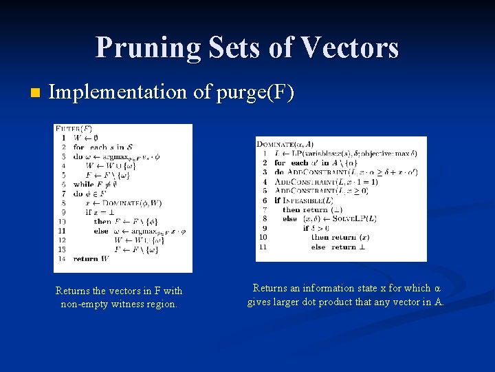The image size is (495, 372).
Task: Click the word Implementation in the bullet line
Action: pyautogui.click(x=118, y=92)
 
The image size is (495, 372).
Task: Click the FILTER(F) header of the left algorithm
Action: pyautogui.click(x=74, y=129)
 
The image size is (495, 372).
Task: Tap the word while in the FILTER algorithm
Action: pyautogui.click(x=83, y=184)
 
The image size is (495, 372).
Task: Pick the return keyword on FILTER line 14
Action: pyautogui.click(x=86, y=258)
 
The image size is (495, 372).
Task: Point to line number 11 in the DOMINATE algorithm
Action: pyautogui.click(x=264, y=247)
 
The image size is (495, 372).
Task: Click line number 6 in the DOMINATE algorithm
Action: pyautogui.click(x=265, y=200)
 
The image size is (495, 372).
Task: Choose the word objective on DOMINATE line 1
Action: pyautogui.click(x=371, y=153)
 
